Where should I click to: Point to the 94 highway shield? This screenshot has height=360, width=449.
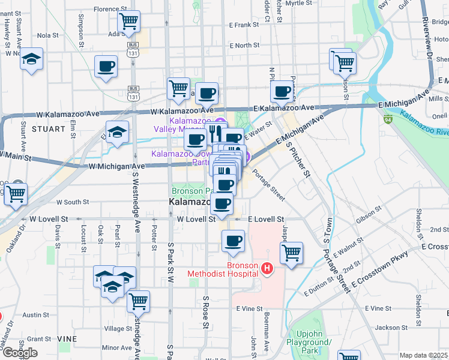[388, 121]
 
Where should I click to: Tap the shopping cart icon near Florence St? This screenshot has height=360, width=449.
[129, 22]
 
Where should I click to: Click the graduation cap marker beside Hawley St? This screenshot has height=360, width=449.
[31, 59]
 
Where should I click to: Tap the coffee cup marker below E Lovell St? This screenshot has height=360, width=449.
[233, 242]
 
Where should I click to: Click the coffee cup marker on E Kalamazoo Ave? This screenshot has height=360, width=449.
[282, 92]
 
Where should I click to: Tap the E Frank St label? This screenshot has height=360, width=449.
[244, 25]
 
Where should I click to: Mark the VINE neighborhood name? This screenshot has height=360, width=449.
[67, 339]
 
